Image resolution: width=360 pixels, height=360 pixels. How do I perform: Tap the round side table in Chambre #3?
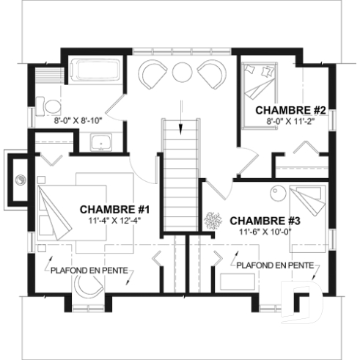pos(277,193)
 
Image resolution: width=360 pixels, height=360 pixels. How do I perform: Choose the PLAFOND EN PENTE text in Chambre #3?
pos(276,265)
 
